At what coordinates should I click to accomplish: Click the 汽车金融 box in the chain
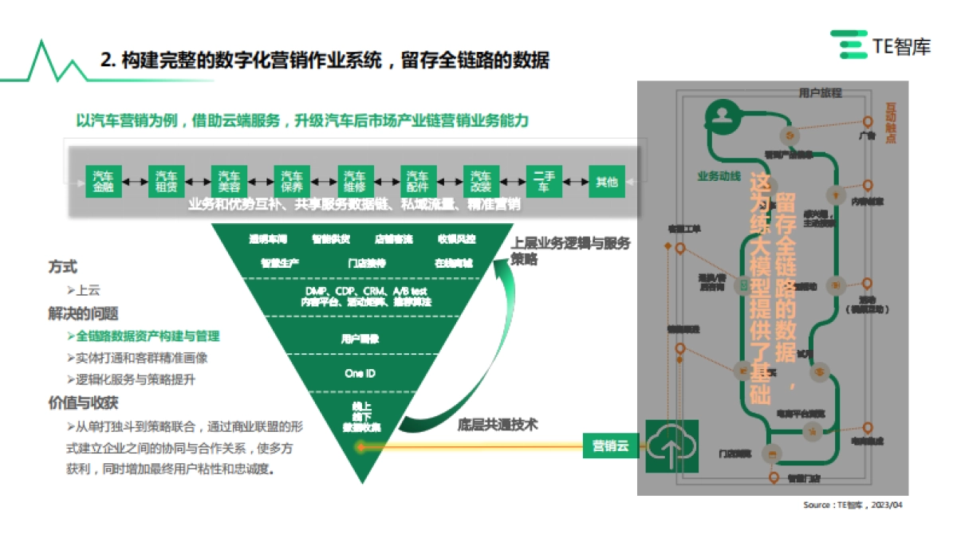(x=104, y=182)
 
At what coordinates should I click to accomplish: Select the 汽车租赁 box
(x=167, y=182)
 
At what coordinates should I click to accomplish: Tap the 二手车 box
(x=544, y=182)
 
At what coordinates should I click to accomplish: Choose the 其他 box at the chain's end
(x=607, y=182)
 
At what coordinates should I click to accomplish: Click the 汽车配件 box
(x=418, y=182)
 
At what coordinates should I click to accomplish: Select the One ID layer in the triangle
(x=360, y=373)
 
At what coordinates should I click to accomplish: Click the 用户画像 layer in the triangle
(x=360, y=338)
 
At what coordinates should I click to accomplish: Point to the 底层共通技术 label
(x=497, y=425)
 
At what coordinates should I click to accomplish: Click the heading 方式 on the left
(x=63, y=268)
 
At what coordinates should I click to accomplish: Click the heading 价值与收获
(x=83, y=402)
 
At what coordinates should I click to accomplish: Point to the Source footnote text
(x=853, y=505)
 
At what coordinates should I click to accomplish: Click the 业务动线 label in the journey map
(x=719, y=176)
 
